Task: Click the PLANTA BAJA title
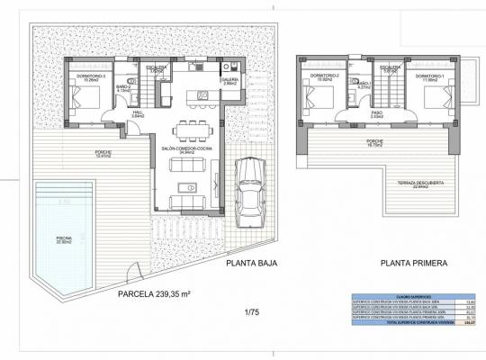pyautogui.click(x=249, y=264)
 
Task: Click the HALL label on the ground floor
pyautogui.click(x=138, y=113)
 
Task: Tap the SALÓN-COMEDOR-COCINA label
pyautogui.click(x=186, y=149)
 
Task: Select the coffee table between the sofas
pyautogui.click(x=188, y=187)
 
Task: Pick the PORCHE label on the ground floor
pyautogui.click(x=103, y=153)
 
